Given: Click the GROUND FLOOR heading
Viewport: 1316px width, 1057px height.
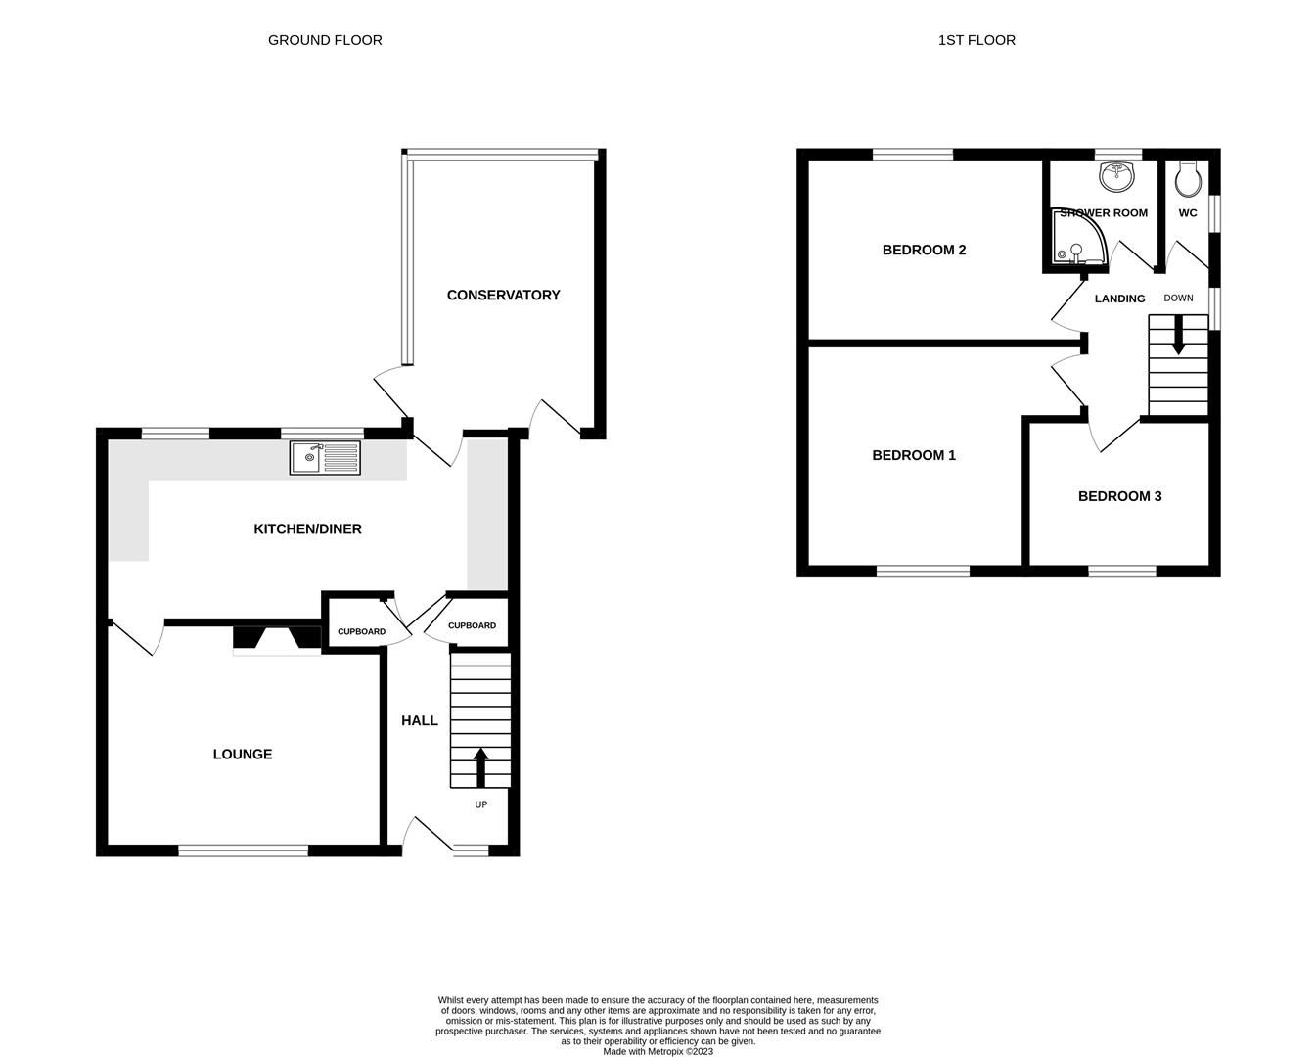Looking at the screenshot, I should [325, 40].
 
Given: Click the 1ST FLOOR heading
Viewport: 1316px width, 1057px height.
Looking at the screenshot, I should [976, 40].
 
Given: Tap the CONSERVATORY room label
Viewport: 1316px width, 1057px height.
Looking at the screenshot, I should [503, 295].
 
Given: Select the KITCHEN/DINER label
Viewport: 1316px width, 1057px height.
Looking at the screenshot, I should [307, 528].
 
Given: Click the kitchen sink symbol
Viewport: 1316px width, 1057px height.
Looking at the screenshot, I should [325, 457].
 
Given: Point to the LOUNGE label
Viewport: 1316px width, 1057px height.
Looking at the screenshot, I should [243, 754].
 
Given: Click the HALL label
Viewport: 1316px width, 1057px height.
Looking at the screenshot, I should [420, 720].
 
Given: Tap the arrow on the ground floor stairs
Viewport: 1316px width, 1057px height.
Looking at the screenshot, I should [480, 767].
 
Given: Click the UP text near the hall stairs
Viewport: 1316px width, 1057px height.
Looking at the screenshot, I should [480, 804].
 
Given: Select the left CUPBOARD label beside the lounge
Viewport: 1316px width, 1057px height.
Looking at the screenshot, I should [361, 631].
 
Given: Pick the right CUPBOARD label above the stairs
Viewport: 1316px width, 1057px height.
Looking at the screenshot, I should [472, 625].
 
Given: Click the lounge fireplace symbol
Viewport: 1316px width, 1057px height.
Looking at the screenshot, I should [277, 639].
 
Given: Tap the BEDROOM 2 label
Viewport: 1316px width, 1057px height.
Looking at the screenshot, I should [924, 250].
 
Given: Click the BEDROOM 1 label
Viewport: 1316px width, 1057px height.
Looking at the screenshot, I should [914, 455].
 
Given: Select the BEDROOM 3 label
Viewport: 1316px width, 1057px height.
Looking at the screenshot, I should [1119, 496].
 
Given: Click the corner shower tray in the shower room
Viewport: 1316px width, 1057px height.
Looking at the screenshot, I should [1076, 240].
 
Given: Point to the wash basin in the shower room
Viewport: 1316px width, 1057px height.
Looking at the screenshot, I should [1116, 177].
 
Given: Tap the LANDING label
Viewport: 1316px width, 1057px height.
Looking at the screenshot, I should [1119, 299].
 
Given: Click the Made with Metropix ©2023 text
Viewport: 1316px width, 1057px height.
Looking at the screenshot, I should [658, 1052].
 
